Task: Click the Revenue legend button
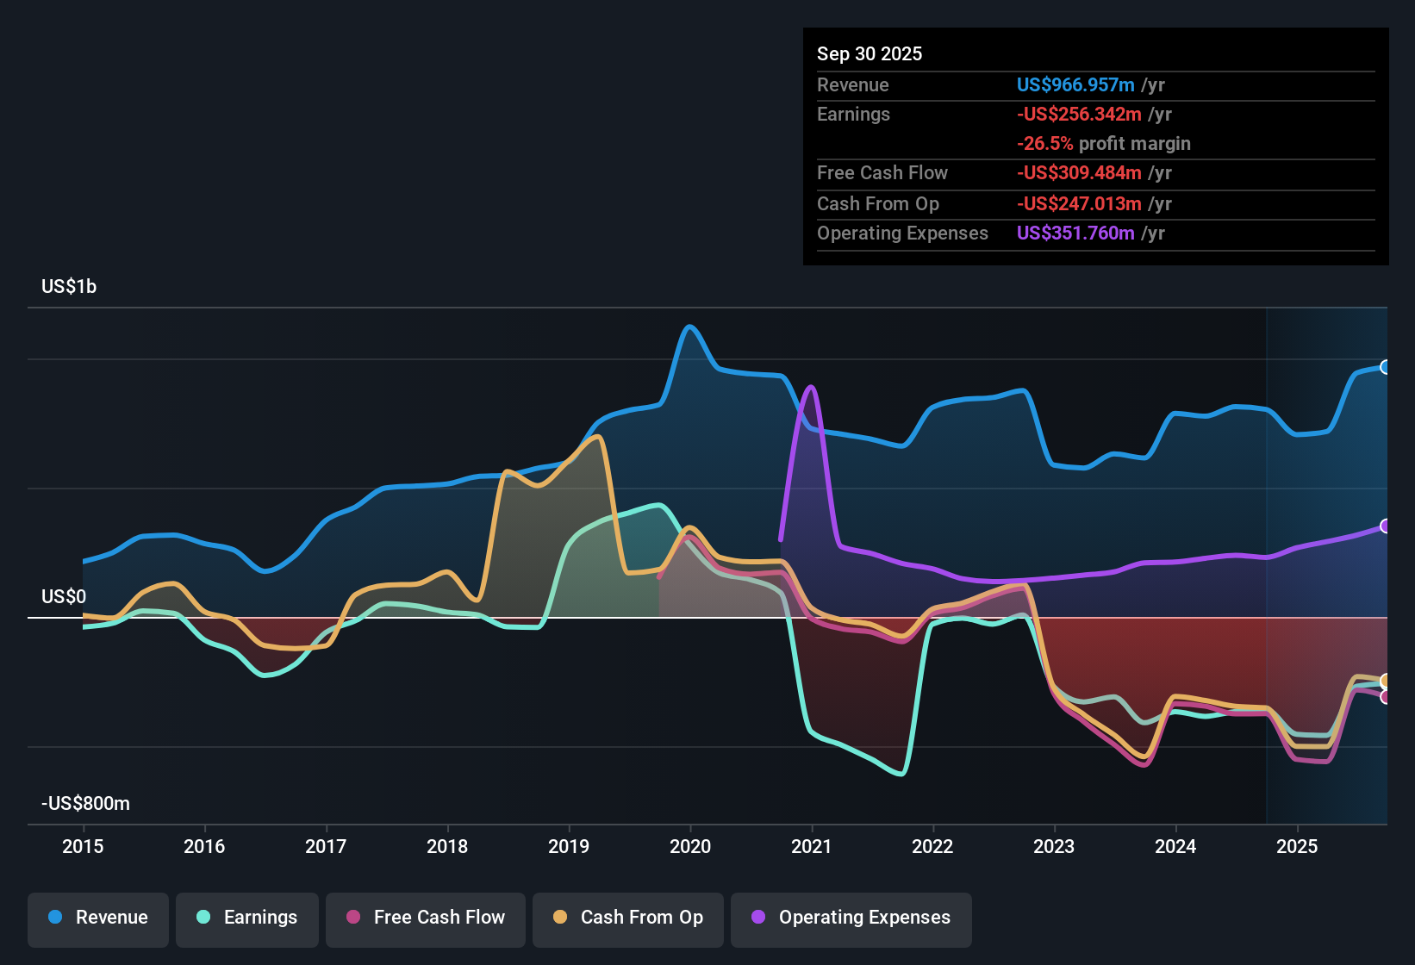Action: coord(98,918)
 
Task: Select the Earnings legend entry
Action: coord(247,918)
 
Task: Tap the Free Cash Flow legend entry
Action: coord(426,918)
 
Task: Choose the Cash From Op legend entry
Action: coord(628,918)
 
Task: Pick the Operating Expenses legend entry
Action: coord(851,918)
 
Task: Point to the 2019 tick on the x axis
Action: coord(569,846)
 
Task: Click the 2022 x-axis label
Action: coord(932,846)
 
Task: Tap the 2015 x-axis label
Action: coord(83,846)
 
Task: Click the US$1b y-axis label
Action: coord(69,287)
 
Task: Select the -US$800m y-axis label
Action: coord(85,804)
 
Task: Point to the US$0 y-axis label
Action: coord(64,597)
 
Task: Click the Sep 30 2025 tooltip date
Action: coord(870,54)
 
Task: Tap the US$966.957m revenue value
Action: coord(1075,85)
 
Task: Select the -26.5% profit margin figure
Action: coord(1045,144)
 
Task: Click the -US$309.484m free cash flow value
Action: coord(1079,173)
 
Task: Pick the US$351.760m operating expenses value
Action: coord(1075,233)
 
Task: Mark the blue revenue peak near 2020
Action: coord(689,327)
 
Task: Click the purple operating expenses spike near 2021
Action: coord(810,387)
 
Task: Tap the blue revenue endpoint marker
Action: coord(1385,367)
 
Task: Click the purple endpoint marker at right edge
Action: coord(1385,526)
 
